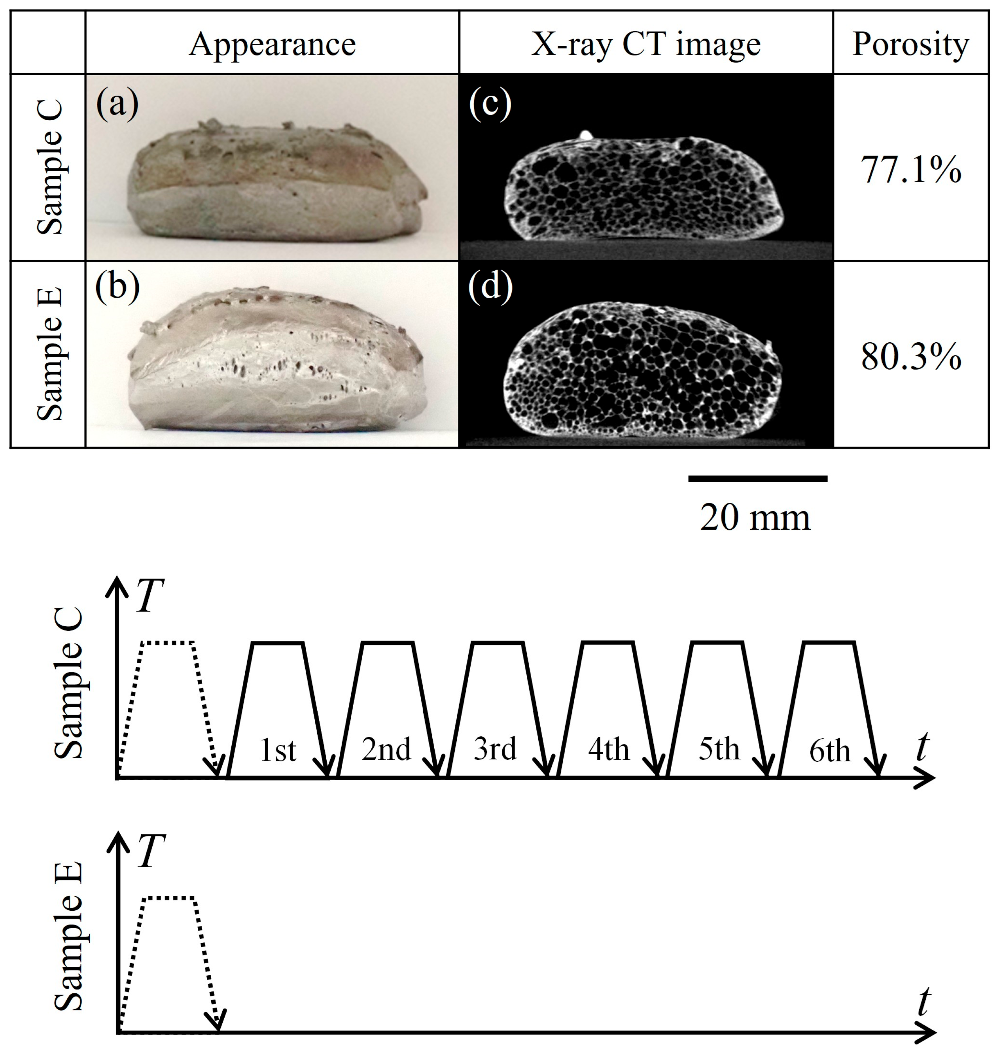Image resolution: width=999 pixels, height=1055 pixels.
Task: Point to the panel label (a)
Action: pos(117,102)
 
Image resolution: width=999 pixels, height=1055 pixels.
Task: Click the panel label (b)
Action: pos(117,286)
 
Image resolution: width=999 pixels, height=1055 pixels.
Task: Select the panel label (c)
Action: pos(490,102)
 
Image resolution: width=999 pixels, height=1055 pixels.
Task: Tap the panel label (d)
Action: pos(490,286)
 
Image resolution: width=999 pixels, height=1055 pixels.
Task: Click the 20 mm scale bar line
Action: pos(757,479)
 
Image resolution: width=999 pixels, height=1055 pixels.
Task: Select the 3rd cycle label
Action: pos(495,749)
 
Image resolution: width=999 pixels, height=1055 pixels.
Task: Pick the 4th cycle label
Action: pos(609,749)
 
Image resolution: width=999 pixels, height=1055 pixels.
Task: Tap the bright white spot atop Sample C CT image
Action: pos(585,135)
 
